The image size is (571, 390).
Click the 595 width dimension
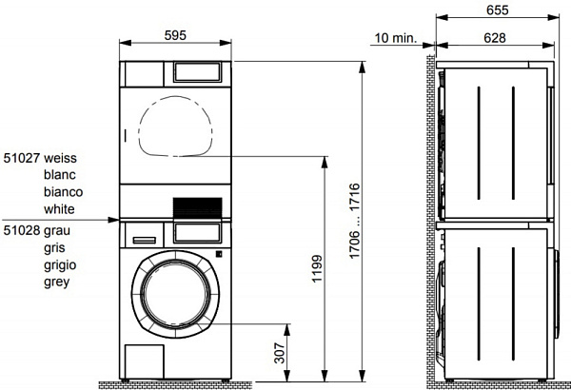coord(175,35)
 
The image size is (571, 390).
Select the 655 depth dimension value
coord(497,10)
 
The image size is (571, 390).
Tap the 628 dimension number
coord(495,38)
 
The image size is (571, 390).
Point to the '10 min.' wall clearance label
coord(396,38)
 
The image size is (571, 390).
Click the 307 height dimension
coord(280,353)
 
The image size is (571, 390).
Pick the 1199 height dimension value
coord(317,269)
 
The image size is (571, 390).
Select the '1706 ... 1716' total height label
coord(355,221)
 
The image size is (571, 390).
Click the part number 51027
coord(22,158)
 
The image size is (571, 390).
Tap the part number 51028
coord(22,230)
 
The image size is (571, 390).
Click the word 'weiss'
coord(61,158)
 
